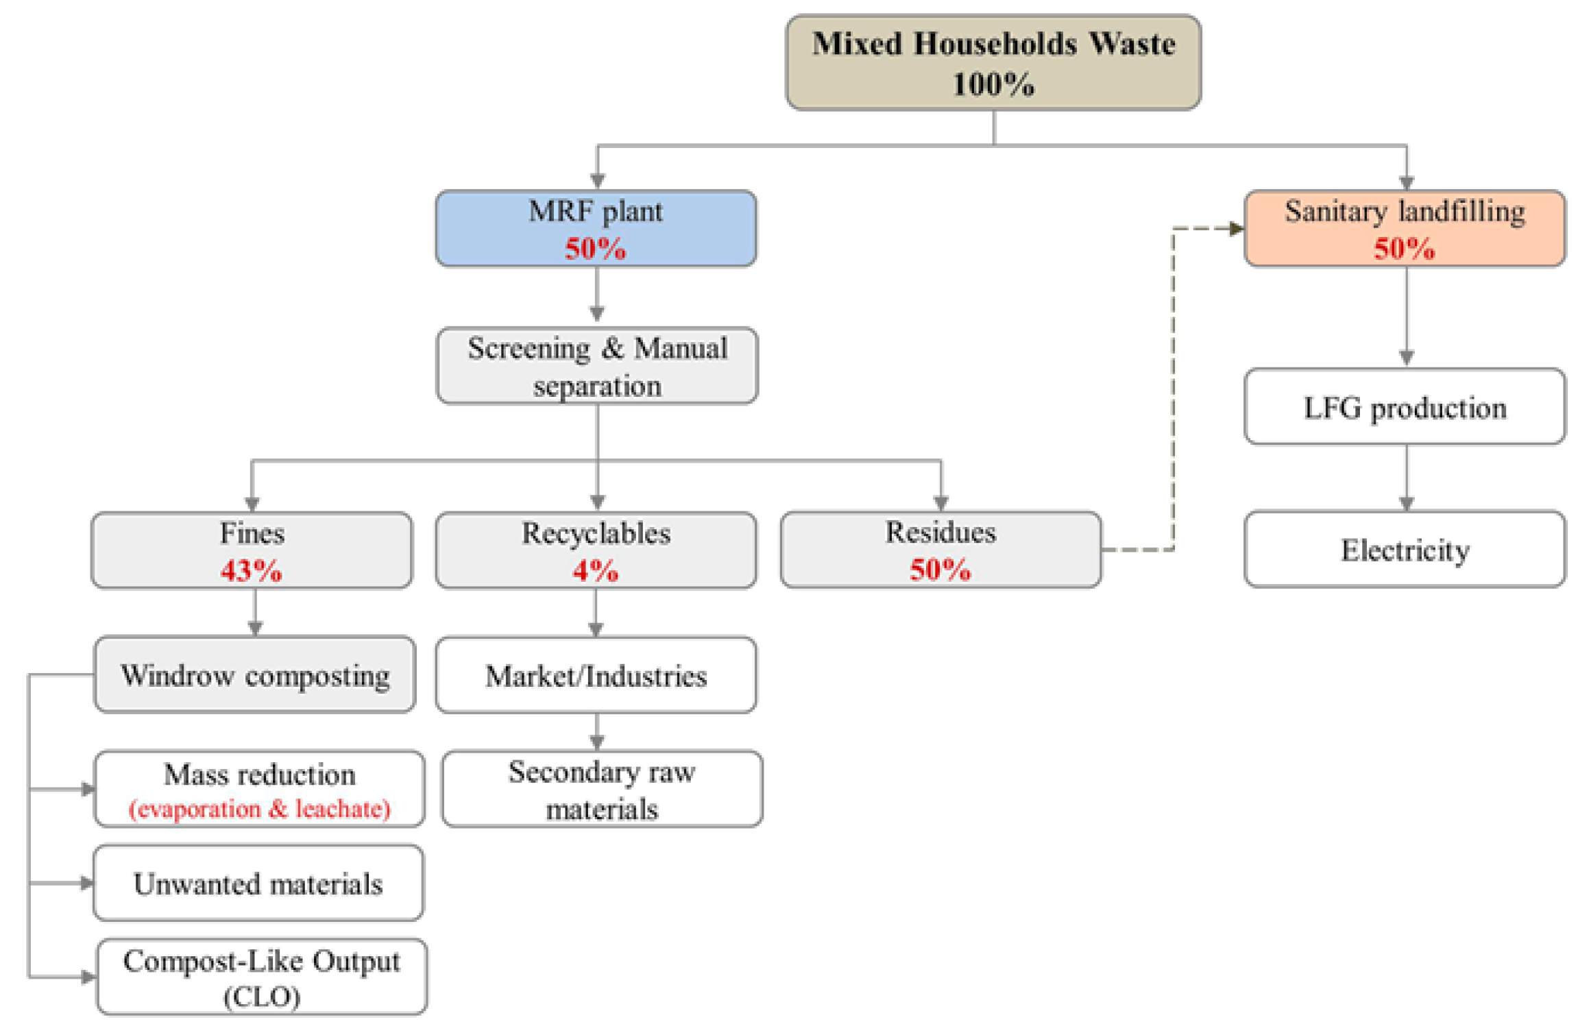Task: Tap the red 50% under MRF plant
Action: pyautogui.click(x=595, y=248)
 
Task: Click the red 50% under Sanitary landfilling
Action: pyautogui.click(x=1404, y=248)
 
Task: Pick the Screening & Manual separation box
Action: pyautogui.click(x=597, y=366)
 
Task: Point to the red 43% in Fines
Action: pyautogui.click(x=251, y=570)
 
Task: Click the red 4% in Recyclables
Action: pyautogui.click(x=595, y=570)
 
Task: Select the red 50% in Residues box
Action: pyautogui.click(x=940, y=570)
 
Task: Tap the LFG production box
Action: pyautogui.click(x=1405, y=408)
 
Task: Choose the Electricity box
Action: pyautogui.click(x=1405, y=550)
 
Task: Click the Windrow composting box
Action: pyautogui.click(x=255, y=675)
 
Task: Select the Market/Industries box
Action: pyautogui.click(x=596, y=676)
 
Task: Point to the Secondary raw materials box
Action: pyautogui.click(x=602, y=790)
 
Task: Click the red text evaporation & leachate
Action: pyautogui.click(x=259, y=809)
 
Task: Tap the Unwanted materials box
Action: pyautogui.click(x=258, y=884)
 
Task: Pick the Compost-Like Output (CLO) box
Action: pyautogui.click(x=262, y=977)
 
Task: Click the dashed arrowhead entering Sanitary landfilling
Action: pyautogui.click(x=1235, y=228)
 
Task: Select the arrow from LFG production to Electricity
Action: pyautogui.click(x=1406, y=480)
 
